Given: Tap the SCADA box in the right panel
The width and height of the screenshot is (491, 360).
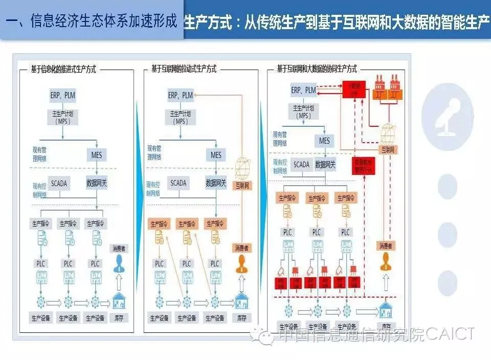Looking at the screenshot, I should (301, 164).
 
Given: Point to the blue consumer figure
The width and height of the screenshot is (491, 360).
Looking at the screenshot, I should (119, 264).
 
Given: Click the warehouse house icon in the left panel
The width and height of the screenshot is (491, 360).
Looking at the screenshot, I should (119, 302).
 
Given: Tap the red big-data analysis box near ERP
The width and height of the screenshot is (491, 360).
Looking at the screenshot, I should (354, 91).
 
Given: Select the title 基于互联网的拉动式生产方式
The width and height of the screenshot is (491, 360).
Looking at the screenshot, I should (184, 69).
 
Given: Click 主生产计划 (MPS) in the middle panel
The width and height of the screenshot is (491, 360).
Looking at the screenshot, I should (180, 117).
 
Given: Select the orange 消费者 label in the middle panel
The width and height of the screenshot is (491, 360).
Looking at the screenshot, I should (241, 248).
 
